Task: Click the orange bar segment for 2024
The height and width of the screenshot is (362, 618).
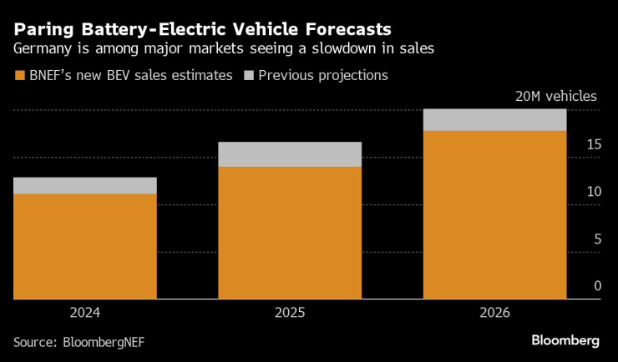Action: (85, 246)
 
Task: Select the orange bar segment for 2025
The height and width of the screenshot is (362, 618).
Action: (290, 233)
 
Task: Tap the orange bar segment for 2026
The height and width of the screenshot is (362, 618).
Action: (494, 214)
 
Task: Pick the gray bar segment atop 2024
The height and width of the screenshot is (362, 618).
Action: (85, 185)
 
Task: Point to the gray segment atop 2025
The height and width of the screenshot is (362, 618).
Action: (290, 154)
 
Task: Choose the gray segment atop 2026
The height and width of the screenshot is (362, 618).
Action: (494, 120)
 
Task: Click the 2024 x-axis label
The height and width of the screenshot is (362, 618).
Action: (85, 314)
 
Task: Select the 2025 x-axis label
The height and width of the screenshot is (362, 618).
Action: (290, 314)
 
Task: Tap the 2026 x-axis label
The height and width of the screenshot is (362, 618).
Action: (494, 314)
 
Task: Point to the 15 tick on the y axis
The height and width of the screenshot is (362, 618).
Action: (593, 145)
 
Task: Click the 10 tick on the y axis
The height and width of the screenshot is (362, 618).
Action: (593, 192)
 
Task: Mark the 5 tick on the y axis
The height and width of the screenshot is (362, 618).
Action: (596, 239)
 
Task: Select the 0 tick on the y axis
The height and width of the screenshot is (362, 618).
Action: (596, 286)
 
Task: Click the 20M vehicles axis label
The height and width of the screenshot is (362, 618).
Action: (555, 96)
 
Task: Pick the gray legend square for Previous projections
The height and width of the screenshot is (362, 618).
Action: (248, 76)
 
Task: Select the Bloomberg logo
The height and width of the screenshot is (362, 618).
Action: (565, 340)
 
